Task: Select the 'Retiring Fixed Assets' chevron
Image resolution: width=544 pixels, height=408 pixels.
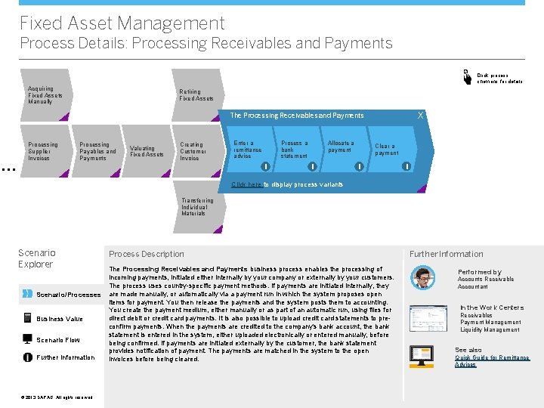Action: pos(196,95)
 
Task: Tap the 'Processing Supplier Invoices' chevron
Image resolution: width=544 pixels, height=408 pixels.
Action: pos(43,151)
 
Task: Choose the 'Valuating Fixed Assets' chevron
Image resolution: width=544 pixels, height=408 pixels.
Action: pos(147,151)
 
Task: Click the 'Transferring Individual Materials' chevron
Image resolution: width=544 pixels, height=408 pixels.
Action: pos(197,207)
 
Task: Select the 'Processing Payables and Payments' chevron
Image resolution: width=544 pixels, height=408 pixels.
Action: pos(97,151)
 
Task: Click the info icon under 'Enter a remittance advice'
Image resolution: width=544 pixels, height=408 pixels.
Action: pos(266,166)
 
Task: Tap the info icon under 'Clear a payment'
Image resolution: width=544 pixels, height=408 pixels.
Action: pos(406,166)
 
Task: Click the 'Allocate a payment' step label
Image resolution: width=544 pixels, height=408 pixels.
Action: pos(341,147)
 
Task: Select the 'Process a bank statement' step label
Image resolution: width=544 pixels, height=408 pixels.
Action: pos(294,149)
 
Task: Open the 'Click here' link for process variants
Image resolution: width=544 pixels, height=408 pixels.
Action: pos(247,184)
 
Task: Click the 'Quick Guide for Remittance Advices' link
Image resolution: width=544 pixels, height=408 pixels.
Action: pos(492,361)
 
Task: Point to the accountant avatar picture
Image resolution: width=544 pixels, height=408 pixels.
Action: pos(422,278)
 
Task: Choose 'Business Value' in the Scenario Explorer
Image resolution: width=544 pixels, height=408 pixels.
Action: pos(60,319)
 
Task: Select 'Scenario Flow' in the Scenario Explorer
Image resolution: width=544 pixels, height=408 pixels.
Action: pos(58,340)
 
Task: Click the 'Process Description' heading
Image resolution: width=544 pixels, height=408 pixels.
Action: pos(147,254)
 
